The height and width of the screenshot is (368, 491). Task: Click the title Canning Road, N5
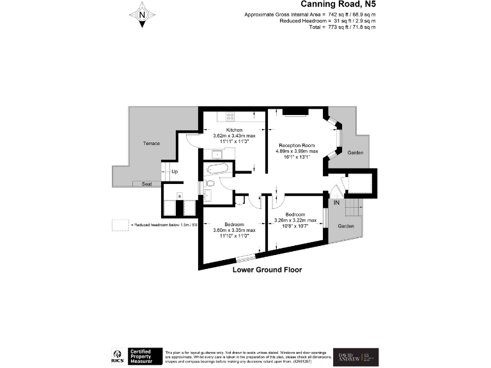point(342,4)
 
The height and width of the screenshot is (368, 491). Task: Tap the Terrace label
point(151,143)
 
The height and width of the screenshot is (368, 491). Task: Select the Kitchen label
point(234,130)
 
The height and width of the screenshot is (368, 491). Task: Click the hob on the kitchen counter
point(230,116)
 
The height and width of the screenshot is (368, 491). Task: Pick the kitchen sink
point(217,154)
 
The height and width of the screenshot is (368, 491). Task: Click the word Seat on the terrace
point(147,184)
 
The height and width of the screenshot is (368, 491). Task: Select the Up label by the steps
point(175,172)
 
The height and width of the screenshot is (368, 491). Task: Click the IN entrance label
point(336,203)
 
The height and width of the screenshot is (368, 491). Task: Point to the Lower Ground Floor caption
point(267,270)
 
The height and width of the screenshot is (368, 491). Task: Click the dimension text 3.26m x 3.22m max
point(295,220)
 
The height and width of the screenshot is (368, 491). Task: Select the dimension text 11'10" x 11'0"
point(234,236)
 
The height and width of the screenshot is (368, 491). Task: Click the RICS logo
point(118,355)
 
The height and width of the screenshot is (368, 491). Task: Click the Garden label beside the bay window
point(355,153)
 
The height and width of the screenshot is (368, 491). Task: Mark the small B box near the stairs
point(179,195)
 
